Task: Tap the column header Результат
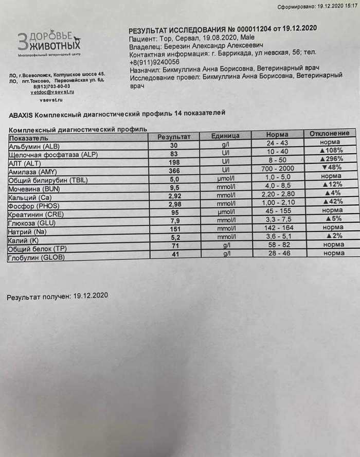[x=173, y=136]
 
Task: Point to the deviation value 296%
[x=332, y=159]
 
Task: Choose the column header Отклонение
[x=331, y=133]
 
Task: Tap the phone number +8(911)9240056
[x=154, y=61]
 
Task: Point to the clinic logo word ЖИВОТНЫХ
[x=52, y=47]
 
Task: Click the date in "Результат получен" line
[x=91, y=296]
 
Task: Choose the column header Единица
[x=225, y=136]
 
